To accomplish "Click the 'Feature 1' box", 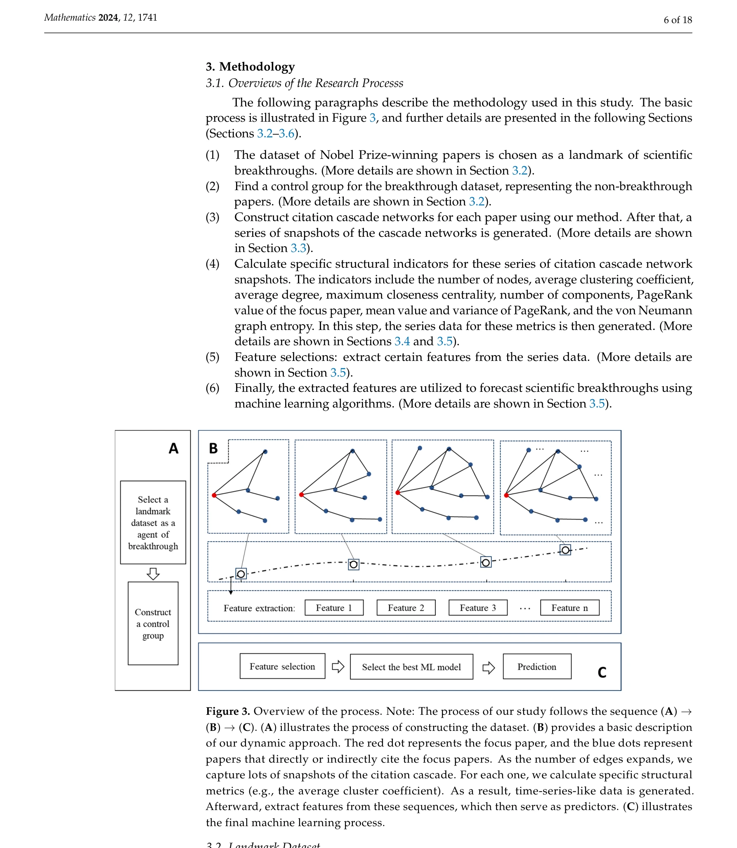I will (x=334, y=608).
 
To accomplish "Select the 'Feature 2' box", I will (x=406, y=608).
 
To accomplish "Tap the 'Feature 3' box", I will (x=478, y=608).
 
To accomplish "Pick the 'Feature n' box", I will (x=569, y=608).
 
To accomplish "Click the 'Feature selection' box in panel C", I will (x=282, y=666).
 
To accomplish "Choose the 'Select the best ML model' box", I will (x=411, y=667).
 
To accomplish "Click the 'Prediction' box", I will (x=537, y=666).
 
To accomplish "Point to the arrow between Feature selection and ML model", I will (x=338, y=666).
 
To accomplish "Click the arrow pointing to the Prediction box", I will (x=489, y=667).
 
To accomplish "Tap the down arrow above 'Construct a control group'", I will (x=153, y=573).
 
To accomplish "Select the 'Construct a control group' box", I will (x=153, y=623).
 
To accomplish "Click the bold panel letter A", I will (x=173, y=448).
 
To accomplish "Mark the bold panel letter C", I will (x=602, y=672).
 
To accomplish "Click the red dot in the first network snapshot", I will (x=214, y=495).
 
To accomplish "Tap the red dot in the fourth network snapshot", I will (x=506, y=495).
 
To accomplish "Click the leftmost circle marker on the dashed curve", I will (x=241, y=574).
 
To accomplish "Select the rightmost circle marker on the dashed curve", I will (x=565, y=550).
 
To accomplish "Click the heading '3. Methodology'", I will (x=250, y=66).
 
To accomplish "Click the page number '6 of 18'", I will (x=678, y=20).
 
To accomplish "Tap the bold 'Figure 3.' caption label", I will (x=228, y=711).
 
